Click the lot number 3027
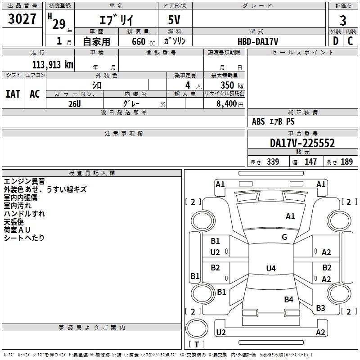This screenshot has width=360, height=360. pyautogui.click(x=22, y=19)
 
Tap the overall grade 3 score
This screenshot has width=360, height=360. pyautogui.click(x=343, y=21)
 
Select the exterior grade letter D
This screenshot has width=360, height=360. pyautogui.click(x=335, y=41)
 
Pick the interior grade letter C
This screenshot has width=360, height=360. pyautogui.click(x=350, y=41)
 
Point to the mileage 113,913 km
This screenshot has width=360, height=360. pyautogui.click(x=53, y=64)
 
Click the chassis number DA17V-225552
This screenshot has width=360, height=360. pyautogui.click(x=302, y=144)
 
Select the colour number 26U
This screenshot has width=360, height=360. pyautogui.click(x=74, y=103)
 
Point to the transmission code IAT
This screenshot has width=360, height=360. pyautogui.click(x=13, y=94)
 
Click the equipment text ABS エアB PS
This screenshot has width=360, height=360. pyautogui.click(x=273, y=121)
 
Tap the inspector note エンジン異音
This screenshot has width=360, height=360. pyautogui.click(x=24, y=181)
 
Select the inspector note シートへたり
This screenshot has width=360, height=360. pyautogui.click(x=24, y=238)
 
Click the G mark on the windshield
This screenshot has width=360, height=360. pyautogui.click(x=284, y=237)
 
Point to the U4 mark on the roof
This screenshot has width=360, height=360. pyautogui.click(x=270, y=269)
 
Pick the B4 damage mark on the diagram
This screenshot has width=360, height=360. pyautogui.click(x=288, y=299)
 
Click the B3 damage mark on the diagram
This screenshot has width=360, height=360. pyautogui.click(x=320, y=308)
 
